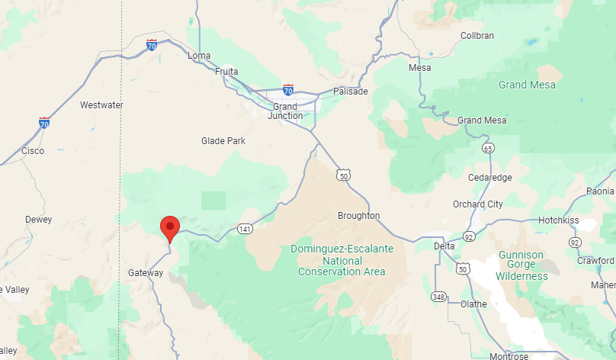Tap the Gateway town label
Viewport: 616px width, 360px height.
[x=146, y=272]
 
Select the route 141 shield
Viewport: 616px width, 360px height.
[x=245, y=229]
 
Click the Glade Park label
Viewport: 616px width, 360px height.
[x=223, y=141]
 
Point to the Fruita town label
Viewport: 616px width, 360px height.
[x=226, y=72]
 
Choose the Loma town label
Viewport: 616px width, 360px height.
[x=199, y=56]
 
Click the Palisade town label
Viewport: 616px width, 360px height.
[x=351, y=92]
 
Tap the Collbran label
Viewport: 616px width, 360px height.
[x=477, y=36]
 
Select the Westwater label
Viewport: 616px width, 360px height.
[x=101, y=105]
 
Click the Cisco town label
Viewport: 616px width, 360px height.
[x=33, y=151]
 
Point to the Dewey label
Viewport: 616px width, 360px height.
[x=39, y=220]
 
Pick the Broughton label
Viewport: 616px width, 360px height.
[x=358, y=216]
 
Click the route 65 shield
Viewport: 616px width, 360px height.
[x=488, y=148]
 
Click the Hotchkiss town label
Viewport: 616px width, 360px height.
[x=558, y=220]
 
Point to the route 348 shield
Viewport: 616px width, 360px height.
[x=438, y=296]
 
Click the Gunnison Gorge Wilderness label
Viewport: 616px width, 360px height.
[x=521, y=265]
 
